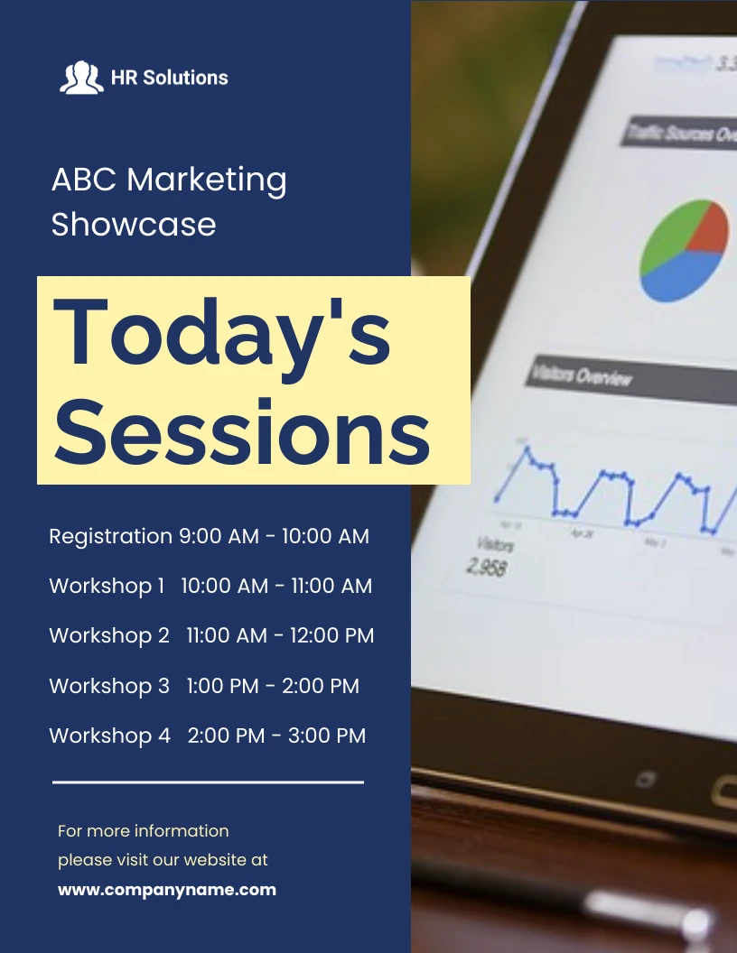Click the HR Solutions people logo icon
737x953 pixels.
81,78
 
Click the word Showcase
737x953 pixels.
134,224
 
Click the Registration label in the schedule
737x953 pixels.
110,536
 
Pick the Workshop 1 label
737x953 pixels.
107,586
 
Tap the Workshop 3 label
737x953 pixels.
109,686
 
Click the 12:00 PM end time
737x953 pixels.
331,635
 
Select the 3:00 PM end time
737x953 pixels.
327,736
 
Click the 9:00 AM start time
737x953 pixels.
219,536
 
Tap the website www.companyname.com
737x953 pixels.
167,890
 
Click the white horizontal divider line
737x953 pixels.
208,782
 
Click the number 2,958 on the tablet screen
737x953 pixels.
487,567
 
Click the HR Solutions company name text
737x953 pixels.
170,78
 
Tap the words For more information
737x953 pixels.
144,830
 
